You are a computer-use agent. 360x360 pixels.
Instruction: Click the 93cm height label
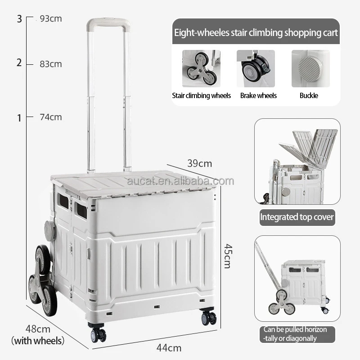(x=51, y=19)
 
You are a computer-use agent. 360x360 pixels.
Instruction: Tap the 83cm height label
(x=51, y=64)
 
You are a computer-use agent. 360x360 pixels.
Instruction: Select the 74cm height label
(x=51, y=117)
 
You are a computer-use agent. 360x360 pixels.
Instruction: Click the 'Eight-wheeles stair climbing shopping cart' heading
(x=256, y=33)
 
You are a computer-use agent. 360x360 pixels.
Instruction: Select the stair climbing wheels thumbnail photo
(x=201, y=68)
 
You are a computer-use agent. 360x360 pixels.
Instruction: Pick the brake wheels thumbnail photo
(x=256, y=68)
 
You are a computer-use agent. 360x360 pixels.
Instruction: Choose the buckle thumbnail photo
(x=310, y=68)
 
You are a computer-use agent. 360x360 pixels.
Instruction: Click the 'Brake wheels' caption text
(x=258, y=95)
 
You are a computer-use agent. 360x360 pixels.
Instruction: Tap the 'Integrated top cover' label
(x=297, y=217)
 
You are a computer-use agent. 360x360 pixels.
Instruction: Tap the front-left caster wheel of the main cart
(x=98, y=334)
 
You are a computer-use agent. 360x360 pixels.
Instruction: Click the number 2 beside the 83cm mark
(x=19, y=63)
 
